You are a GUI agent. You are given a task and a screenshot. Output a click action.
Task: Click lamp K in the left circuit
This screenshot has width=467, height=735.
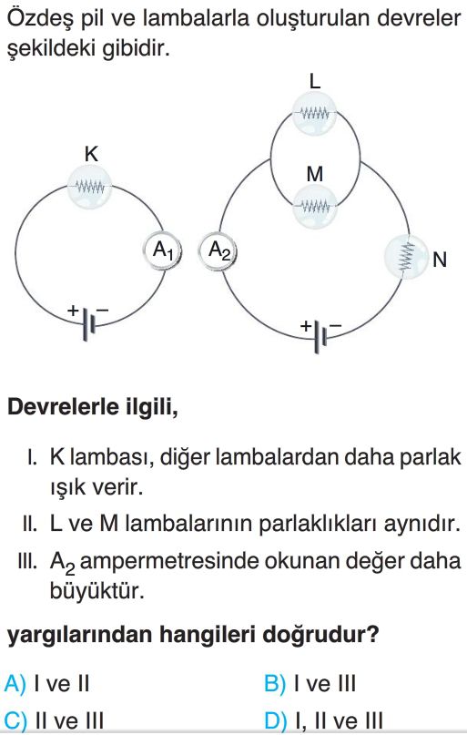90,187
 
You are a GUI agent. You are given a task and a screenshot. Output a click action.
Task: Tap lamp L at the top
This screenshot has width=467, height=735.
314,114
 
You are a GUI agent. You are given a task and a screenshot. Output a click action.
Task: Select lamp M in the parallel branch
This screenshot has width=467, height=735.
314,206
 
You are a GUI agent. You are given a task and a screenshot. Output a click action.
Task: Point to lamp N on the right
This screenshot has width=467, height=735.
406,257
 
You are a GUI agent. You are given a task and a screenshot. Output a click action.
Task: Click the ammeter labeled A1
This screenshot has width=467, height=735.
162,250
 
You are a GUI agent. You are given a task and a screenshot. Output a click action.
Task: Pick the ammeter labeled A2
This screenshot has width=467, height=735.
218,250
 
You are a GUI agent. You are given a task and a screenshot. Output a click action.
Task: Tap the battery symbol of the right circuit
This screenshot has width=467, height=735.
320,337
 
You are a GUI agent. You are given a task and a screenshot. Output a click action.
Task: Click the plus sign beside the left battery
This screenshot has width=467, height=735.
73,310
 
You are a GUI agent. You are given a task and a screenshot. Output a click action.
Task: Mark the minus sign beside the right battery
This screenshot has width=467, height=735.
335,325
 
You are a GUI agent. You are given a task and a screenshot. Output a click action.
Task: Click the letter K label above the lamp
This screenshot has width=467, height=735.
91,154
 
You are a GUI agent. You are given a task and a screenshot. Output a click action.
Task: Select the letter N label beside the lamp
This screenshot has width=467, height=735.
440,260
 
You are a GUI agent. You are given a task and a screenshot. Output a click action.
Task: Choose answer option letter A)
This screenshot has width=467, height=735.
15,684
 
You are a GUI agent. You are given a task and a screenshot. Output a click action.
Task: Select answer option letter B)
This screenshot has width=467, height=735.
275,684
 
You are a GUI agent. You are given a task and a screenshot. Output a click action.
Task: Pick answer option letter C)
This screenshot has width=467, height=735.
15,721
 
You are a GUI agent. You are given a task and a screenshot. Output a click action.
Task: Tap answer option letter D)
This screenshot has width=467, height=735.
275,721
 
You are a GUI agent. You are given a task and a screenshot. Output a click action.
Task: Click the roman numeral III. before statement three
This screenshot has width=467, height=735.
27,561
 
